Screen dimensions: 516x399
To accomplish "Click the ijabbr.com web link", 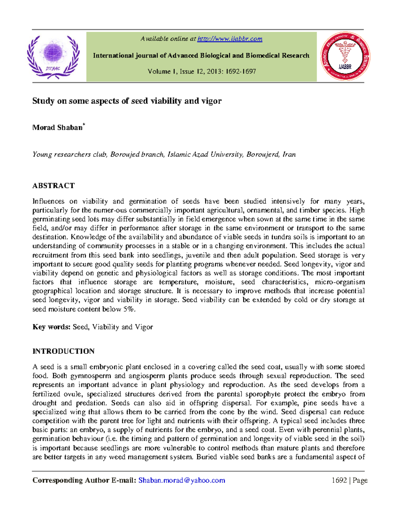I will coord(230,39).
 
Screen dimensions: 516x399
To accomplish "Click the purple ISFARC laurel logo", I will coord(53,56).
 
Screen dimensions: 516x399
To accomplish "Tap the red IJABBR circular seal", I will coord(345,56).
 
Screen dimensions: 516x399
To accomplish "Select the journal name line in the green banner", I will coord(201,55).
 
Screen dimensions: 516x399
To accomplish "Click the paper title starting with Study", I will coord(127,101).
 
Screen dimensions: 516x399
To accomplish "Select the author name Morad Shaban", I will coord(58,128).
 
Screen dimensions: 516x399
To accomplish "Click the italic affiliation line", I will coord(164,155).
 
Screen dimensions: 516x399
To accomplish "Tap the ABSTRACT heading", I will coord(54,186).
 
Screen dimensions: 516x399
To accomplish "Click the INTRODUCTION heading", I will coord(64,352).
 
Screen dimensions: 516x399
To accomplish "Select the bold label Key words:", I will coord(52,327).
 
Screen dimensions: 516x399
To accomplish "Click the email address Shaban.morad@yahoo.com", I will coord(182,480).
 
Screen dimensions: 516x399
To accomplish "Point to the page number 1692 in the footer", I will coord(339,480).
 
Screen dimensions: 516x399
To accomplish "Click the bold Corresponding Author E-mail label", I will coord(84,480).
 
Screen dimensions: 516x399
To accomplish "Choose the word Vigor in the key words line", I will coord(144,327).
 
